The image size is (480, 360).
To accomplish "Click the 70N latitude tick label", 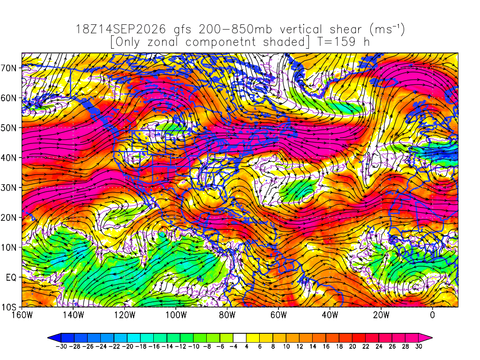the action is [x=9, y=68].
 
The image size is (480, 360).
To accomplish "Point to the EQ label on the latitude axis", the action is [x=11, y=277].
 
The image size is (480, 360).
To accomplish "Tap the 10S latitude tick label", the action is [x=9, y=307].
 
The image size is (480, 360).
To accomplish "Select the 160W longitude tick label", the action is [x=22, y=315].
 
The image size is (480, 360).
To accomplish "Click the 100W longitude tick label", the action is [x=176, y=315].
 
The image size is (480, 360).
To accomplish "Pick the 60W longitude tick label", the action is [x=278, y=315].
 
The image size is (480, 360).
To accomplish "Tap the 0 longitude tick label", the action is [x=432, y=315].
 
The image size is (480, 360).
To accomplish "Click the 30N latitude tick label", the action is [x=9, y=187].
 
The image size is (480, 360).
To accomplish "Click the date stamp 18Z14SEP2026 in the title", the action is [x=120, y=30].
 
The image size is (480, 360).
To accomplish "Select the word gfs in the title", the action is [x=182, y=30].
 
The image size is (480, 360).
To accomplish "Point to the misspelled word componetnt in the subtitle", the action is [x=220, y=42].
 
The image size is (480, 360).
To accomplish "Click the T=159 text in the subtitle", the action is [x=337, y=42].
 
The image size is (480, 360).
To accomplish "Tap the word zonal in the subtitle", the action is [x=162, y=42].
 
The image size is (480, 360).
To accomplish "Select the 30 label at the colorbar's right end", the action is [x=419, y=346].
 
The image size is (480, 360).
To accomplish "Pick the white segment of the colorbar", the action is [x=240, y=338].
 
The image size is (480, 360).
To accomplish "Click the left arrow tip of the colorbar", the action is [x=48, y=338].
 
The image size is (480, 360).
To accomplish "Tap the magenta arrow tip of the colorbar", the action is [x=432, y=338].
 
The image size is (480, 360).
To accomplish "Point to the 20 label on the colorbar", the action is [x=352, y=346].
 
